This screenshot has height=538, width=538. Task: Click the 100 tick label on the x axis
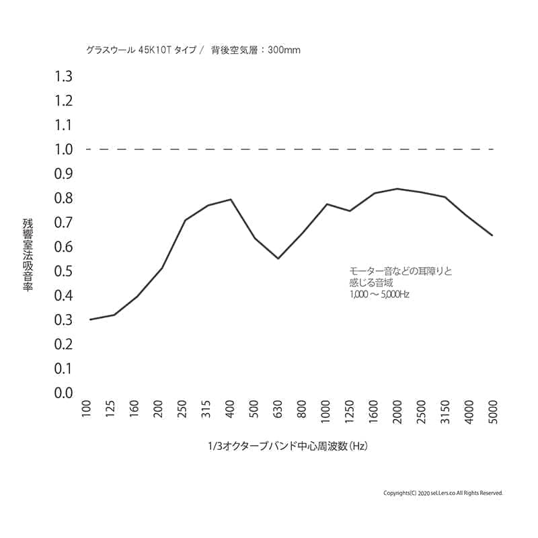point(87,410)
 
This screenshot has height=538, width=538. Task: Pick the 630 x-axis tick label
point(278,410)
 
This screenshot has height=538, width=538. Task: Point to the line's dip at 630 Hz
point(278,258)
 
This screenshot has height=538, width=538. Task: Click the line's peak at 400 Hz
point(231,199)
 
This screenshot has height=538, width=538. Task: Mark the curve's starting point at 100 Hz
point(90,319)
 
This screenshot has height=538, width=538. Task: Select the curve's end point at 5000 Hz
point(493,235)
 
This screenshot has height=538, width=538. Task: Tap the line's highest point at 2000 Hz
point(397,188)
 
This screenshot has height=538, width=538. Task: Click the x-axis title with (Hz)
point(289,447)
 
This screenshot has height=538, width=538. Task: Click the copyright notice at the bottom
point(443,493)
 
